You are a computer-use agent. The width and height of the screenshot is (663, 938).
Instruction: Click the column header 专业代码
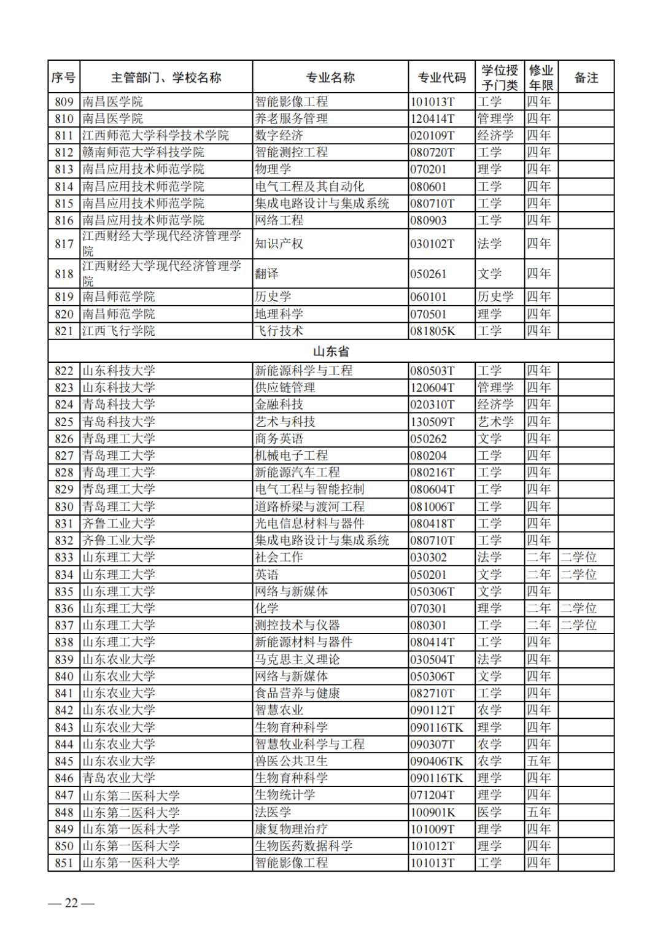pos(441,77)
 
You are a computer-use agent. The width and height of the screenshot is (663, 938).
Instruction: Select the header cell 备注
pos(586,77)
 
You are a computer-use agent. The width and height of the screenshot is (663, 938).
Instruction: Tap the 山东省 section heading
pos(331,351)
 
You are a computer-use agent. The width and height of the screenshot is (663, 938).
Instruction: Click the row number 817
pos(64,244)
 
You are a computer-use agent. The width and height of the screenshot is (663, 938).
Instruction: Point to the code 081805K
pos(433,331)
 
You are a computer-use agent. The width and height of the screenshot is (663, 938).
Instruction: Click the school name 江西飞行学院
pos(118,331)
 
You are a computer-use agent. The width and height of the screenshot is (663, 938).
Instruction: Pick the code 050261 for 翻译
pos(428,274)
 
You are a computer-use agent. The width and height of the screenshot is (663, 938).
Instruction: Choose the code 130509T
pos(433,422)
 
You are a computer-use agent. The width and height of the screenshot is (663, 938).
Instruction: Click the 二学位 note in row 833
pos(578,557)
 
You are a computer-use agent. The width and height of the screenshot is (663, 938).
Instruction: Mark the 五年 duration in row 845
pos(539,761)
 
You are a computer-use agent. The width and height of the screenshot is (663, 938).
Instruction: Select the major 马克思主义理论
pos(298,659)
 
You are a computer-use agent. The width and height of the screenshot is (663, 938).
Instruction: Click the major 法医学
pos(273,812)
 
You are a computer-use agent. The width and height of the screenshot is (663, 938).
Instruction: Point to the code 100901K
pos(433,812)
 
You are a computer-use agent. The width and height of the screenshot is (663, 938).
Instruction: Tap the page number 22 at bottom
pos(71,903)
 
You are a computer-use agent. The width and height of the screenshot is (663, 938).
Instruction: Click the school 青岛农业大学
pos(118,778)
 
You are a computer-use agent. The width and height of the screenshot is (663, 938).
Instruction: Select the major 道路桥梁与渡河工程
pos(310,506)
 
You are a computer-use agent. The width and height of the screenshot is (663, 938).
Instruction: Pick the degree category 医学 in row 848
pos(489,812)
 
